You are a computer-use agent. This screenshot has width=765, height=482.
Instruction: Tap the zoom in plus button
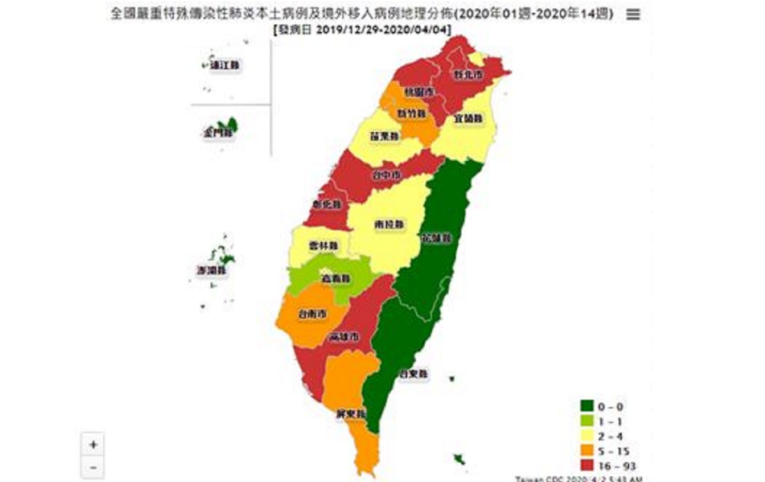click(x=93, y=444)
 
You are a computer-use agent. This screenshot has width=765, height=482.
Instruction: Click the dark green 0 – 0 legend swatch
click(x=586, y=405)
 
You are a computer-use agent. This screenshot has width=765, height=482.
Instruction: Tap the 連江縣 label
click(x=226, y=64)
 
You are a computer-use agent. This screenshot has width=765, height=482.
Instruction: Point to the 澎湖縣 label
click(x=212, y=270)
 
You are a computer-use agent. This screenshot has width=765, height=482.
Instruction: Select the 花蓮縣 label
click(x=437, y=238)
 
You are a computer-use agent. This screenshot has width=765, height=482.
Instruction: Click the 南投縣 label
click(x=389, y=225)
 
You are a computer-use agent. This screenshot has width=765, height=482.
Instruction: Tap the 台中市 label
click(x=387, y=175)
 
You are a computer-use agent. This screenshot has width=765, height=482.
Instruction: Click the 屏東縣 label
click(x=351, y=414)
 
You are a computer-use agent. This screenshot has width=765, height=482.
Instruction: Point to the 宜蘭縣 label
click(x=469, y=119)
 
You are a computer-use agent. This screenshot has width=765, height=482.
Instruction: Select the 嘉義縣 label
click(x=335, y=279)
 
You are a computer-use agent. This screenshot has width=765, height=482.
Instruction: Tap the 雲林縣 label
click(x=319, y=245)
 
